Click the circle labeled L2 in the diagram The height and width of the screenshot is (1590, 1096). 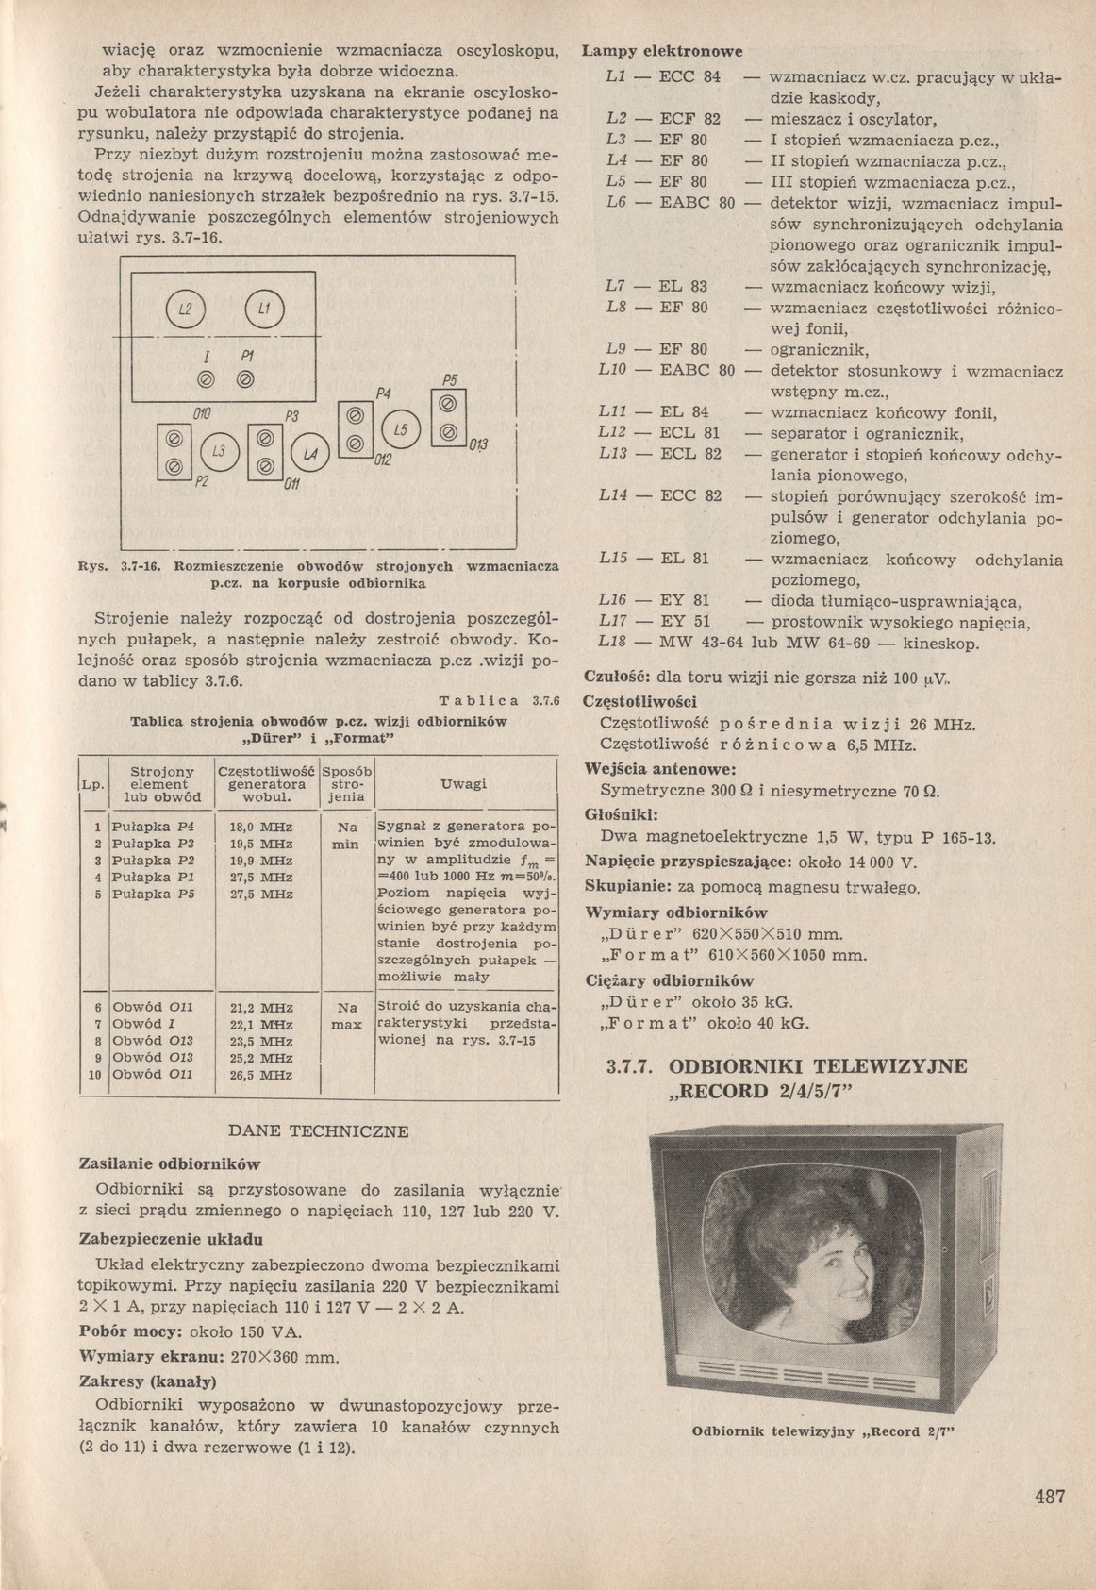pos(184,310)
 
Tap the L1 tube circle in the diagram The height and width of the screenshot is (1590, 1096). pos(264,310)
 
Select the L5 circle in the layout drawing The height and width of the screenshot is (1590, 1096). pos(401,429)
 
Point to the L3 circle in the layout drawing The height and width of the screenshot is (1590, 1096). pos(219,452)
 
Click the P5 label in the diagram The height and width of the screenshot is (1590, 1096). pos(449,379)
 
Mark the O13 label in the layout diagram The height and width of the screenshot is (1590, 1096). pos(477,445)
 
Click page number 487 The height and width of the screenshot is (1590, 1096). pos(1049,1496)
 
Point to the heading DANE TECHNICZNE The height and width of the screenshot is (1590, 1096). pos(320,1130)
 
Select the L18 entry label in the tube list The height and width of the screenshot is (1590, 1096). pos(614,644)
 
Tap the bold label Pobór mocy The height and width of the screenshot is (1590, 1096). pos(125,1331)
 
